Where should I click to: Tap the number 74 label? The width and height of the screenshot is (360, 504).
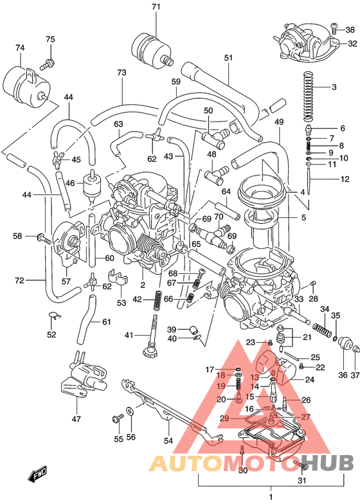pyautogui.click(x=20, y=48)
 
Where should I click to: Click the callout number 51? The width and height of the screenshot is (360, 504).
pyautogui.click(x=228, y=58)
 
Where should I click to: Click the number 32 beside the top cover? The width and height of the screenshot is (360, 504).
pyautogui.click(x=352, y=44)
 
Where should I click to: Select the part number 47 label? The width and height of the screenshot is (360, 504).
pyautogui.click(x=76, y=419)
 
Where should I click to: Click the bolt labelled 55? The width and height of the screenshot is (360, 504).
pyautogui.click(x=117, y=419)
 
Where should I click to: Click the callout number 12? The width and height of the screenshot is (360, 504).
pyautogui.click(x=345, y=179)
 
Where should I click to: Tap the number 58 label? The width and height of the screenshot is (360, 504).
pyautogui.click(x=18, y=237)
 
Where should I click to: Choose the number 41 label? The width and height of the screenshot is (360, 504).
pyautogui.click(x=129, y=335)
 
